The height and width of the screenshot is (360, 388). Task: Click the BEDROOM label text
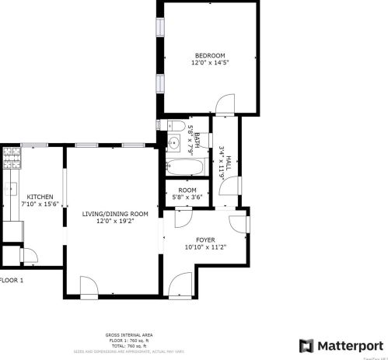point(209,55)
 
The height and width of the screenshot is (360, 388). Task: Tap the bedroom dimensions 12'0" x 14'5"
point(209,62)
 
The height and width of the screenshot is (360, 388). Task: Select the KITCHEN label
point(40,197)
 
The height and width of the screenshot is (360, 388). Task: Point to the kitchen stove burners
point(11,159)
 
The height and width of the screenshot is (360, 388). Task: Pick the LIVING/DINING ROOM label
point(115,213)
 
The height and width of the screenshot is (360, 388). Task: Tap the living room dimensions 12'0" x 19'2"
point(115,221)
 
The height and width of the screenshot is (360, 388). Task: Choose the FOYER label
point(205,239)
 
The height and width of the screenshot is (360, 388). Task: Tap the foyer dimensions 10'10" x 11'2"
point(205,247)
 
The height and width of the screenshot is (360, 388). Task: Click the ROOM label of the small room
point(187,190)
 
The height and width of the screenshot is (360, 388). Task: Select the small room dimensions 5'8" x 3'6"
point(187,197)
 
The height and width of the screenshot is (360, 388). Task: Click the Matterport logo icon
point(307,344)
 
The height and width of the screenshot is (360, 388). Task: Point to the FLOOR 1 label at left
point(12,280)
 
